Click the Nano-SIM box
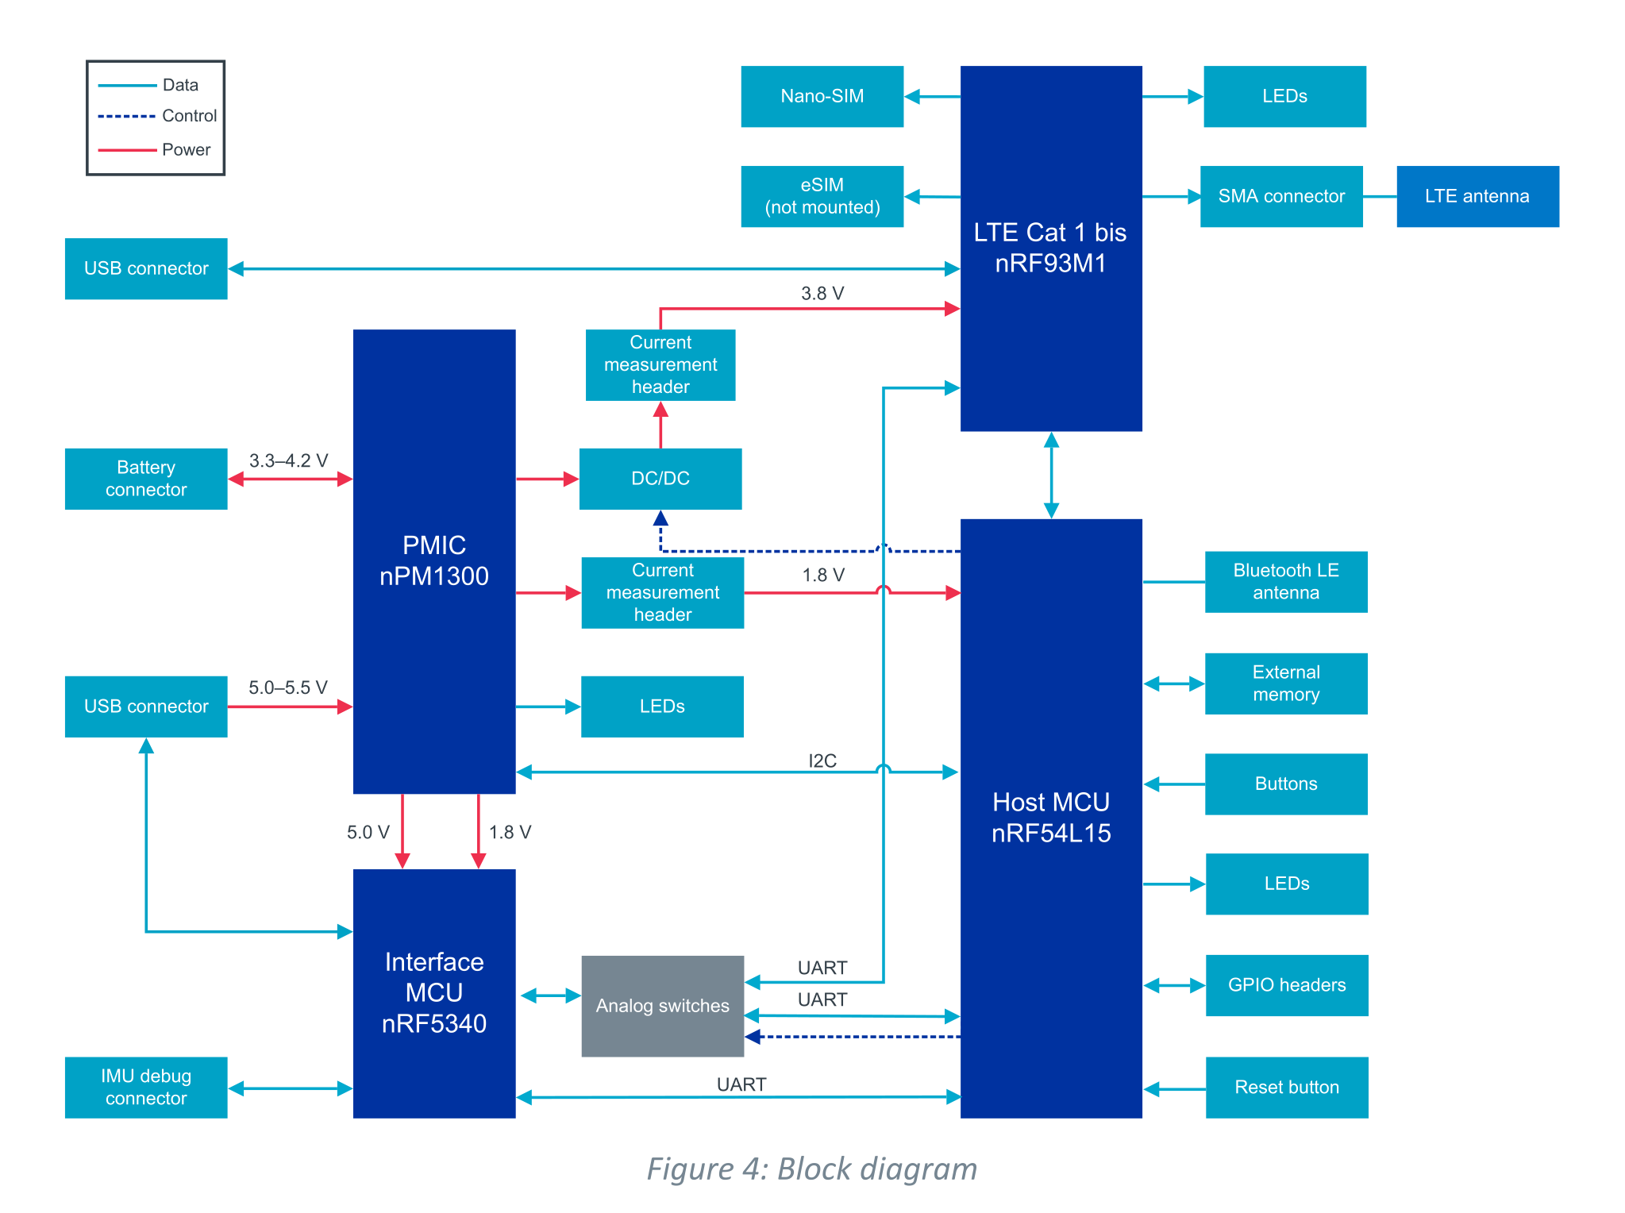coord(822,96)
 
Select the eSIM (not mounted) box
coord(822,196)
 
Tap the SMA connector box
coord(1281,196)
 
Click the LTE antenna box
coord(1477,196)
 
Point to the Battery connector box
coord(146,479)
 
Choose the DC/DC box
coord(660,479)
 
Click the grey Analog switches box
coord(662,1006)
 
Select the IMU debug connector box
coord(146,1088)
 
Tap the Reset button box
coord(1287,1088)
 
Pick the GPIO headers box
coord(1287,985)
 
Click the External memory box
coord(1286,684)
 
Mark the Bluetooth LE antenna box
coord(1286,582)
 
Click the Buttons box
coord(1286,784)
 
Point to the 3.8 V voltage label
coord(822,294)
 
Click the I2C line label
coord(822,761)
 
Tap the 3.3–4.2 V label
coord(288,460)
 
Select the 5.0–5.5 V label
coord(287,687)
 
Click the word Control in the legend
coord(189,116)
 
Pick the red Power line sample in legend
coord(127,150)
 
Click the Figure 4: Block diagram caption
coord(812,1169)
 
